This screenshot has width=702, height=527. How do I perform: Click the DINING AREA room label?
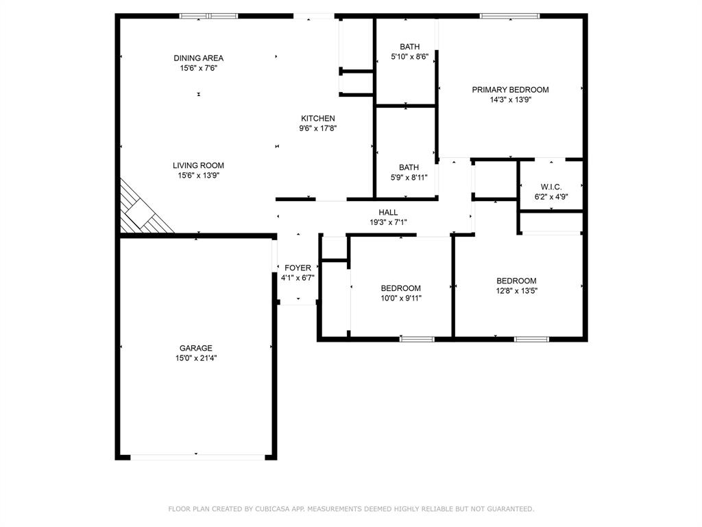point(198,58)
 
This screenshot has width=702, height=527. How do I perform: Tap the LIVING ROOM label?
point(198,165)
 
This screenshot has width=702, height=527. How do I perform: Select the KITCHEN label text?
point(317,119)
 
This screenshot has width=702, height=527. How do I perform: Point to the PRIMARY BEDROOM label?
point(510,90)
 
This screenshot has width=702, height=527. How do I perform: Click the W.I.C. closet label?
point(550,187)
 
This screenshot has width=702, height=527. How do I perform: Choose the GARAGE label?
point(196,348)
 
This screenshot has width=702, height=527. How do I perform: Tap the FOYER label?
point(298,268)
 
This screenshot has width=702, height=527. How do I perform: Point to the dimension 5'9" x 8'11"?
point(409,177)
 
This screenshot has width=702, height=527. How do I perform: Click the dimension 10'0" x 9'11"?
point(401,298)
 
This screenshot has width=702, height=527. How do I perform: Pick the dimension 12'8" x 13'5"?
point(516,291)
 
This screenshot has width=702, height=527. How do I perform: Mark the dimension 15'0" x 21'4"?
point(196,358)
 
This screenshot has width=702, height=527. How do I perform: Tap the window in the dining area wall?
point(208,16)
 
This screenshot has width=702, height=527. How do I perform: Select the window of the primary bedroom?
point(509,16)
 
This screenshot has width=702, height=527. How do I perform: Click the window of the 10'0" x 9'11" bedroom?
point(417,338)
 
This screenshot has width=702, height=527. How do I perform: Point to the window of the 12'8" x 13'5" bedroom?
point(531,338)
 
